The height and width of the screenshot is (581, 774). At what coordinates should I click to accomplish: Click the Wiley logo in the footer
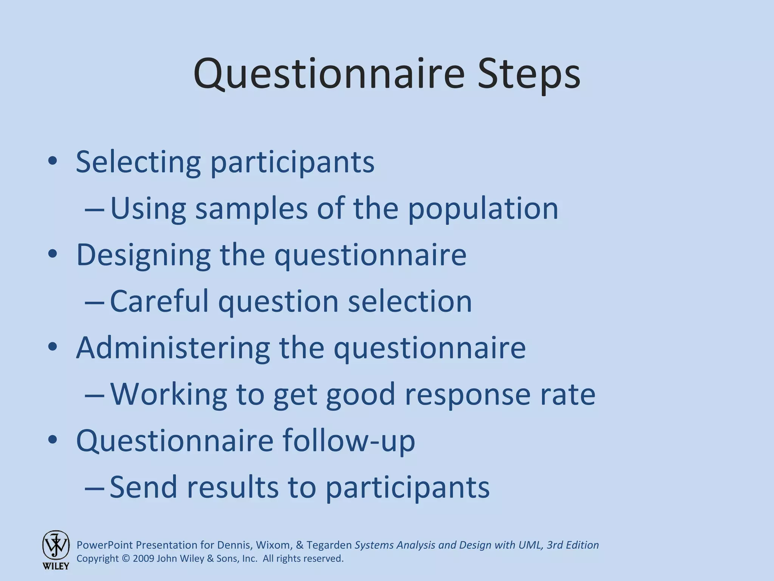(56, 550)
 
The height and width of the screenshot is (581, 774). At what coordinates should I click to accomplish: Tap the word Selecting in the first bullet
(138, 162)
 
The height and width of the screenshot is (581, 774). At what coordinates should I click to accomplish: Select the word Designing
(143, 255)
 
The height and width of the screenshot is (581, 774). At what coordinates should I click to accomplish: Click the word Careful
(159, 301)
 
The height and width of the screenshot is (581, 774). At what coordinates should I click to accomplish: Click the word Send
(143, 487)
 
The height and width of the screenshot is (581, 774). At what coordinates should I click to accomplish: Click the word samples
(251, 209)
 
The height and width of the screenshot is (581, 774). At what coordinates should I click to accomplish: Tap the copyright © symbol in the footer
(126, 559)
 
